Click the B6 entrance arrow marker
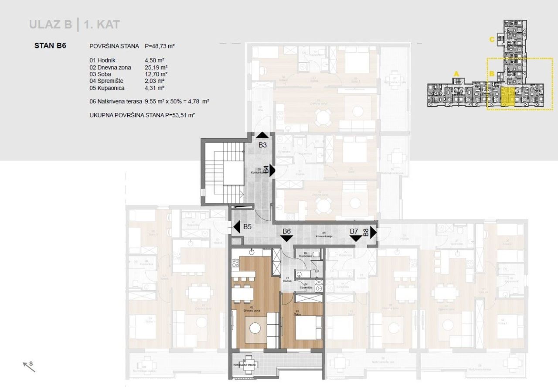pos(287,238)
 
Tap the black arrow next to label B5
pos(237,227)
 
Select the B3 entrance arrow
pos(262,136)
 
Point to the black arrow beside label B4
pos(272,170)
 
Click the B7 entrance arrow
pos(356,238)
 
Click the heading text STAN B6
pos(50,45)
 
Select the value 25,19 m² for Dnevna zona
pos(156,67)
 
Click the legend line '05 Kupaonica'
pos(107,88)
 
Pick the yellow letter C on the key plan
pos(492,40)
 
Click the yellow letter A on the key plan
pos(456,73)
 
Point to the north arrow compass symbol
pos(29,367)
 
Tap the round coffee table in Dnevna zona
pos(255,328)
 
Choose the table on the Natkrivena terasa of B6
pos(249,368)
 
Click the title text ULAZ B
pos(51,24)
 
